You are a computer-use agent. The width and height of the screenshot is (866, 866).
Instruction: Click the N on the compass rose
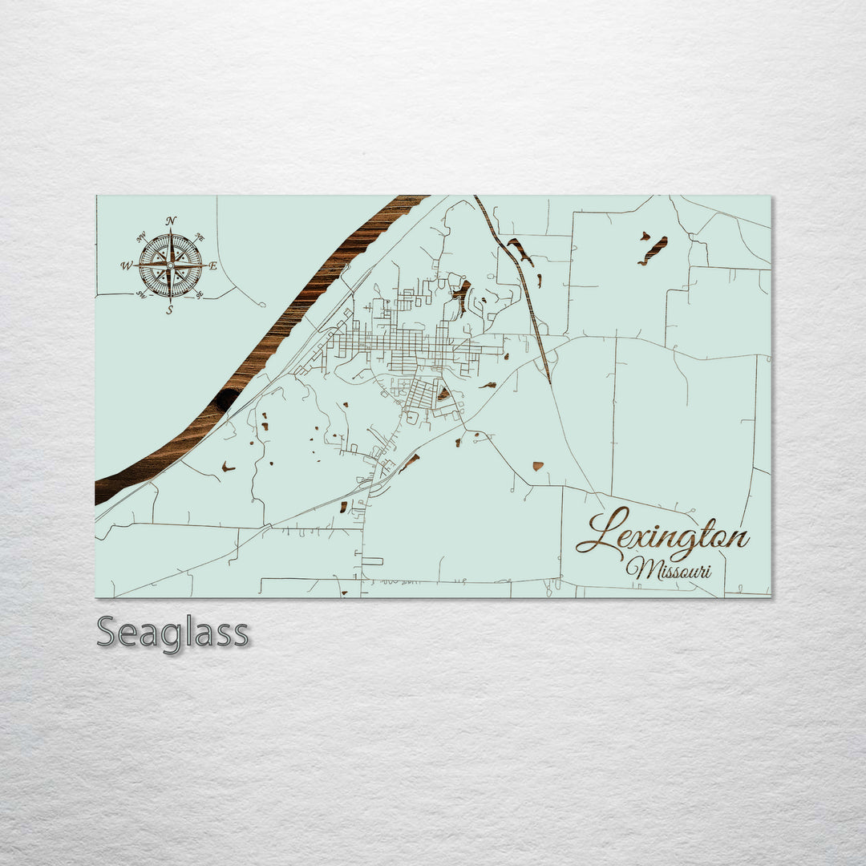coord(171,221)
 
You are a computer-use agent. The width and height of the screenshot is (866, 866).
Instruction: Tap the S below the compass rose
coord(169,310)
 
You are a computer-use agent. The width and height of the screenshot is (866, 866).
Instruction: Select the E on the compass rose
coord(213,266)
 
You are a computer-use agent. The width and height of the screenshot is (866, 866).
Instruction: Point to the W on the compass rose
coord(126,265)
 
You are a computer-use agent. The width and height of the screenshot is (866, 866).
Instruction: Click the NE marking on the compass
coord(200,238)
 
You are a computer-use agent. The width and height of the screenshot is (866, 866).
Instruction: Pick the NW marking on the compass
coord(141,237)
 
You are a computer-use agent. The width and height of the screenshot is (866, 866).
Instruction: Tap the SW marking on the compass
coord(140,295)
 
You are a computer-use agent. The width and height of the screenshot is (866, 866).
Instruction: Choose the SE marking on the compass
coord(199,294)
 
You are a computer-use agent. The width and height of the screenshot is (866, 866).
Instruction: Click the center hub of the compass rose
coord(170,265)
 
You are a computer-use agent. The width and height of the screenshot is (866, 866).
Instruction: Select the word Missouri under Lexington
coord(669,569)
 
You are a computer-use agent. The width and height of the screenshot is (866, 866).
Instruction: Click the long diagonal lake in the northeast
coord(653,251)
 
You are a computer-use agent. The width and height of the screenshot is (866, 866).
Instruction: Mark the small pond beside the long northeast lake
coord(644,236)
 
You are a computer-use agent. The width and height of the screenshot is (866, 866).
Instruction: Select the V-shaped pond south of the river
coord(229,467)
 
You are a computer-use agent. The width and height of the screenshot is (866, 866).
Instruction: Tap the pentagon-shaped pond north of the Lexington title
coord(536,466)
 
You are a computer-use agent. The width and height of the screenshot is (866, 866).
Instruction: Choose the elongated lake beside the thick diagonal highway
coord(520,252)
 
